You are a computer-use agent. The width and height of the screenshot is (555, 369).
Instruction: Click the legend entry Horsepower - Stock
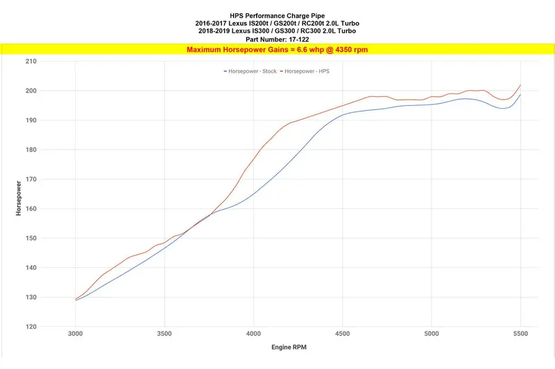click(250, 71)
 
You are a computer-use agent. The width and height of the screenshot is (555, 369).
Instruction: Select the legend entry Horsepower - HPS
click(305, 71)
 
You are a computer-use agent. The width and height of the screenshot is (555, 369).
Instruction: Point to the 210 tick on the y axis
click(31, 62)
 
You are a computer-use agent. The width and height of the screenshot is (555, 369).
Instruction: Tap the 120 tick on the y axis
click(31, 327)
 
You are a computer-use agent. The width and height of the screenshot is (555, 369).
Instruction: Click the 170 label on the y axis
click(31, 179)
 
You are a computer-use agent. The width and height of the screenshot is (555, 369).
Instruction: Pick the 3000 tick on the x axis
click(76, 334)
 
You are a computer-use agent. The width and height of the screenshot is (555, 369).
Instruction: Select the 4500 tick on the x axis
click(342, 334)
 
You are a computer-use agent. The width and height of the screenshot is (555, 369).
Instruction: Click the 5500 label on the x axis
click(520, 334)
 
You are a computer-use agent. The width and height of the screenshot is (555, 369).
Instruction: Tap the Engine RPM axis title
click(289, 347)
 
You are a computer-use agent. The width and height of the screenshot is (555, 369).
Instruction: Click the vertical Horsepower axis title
click(19, 198)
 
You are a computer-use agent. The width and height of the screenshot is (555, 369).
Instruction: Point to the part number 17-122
click(299, 39)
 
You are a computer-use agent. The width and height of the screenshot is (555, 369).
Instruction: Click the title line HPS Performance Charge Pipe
click(277, 16)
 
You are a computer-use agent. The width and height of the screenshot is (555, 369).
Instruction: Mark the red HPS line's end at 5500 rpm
click(520, 85)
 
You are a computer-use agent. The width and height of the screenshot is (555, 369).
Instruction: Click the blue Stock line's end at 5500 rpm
click(520, 95)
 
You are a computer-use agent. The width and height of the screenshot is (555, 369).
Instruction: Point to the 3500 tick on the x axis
click(164, 334)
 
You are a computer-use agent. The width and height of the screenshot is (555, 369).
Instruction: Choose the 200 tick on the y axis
click(31, 91)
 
